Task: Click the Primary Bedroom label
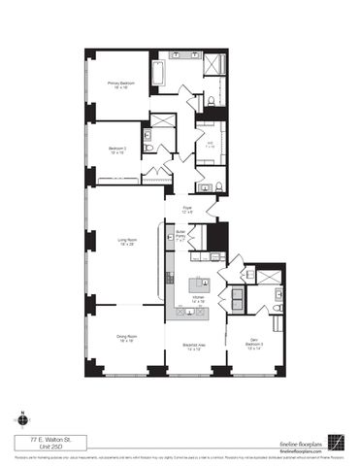click(119, 84)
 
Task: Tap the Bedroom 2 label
click(116, 150)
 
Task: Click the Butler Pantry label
click(180, 237)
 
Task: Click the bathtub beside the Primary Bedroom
click(157, 74)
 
